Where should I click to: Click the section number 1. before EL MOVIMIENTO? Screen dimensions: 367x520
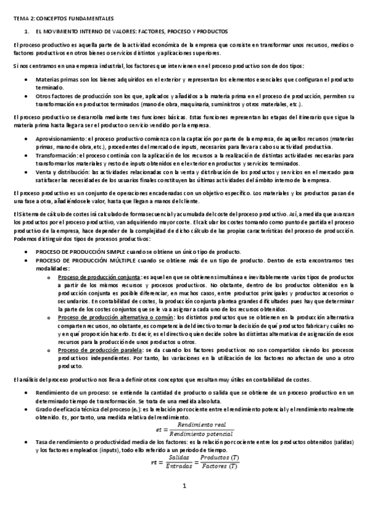(x=26, y=31)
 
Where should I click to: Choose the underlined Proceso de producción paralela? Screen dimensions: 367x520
(x=99, y=350)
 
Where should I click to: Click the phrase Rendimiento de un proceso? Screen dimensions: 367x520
(x=70, y=392)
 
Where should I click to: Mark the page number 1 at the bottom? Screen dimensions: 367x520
(x=183, y=503)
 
